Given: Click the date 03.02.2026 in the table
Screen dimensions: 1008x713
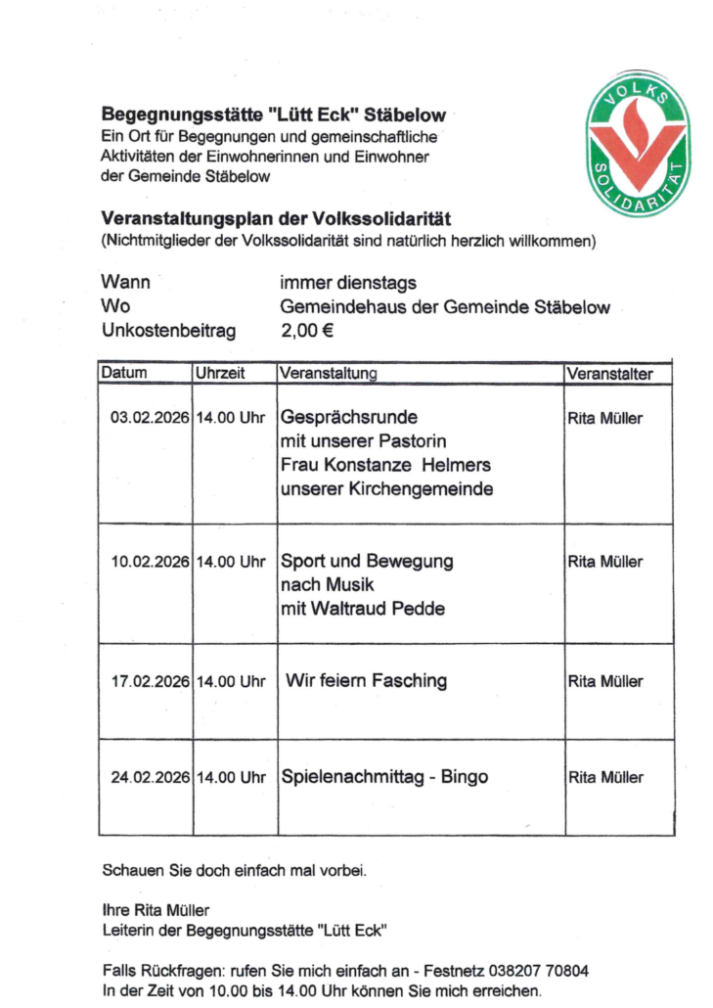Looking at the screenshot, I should coord(150,419).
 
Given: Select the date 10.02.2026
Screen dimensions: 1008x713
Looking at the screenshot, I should coord(150,563).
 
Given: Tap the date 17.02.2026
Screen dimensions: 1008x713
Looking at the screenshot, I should coord(150,681).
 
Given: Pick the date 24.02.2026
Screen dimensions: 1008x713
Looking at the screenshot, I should coord(150,778).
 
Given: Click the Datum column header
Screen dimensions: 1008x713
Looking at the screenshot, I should coord(124,374).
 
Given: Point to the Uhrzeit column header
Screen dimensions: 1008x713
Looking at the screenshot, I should coord(220,374).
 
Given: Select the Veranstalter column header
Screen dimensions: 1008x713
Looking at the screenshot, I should coord(608,374).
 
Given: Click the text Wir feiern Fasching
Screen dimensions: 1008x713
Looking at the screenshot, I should coord(366,680).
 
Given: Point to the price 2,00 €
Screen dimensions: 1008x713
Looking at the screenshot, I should coord(307,331).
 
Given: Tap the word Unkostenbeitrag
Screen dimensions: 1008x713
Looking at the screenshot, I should coord(168,331).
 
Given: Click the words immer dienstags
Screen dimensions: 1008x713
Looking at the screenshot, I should coord(347,283).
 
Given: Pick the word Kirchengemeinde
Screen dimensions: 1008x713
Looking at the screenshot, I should coord(426,488).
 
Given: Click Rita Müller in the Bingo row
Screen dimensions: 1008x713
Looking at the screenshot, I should coord(605,778).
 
